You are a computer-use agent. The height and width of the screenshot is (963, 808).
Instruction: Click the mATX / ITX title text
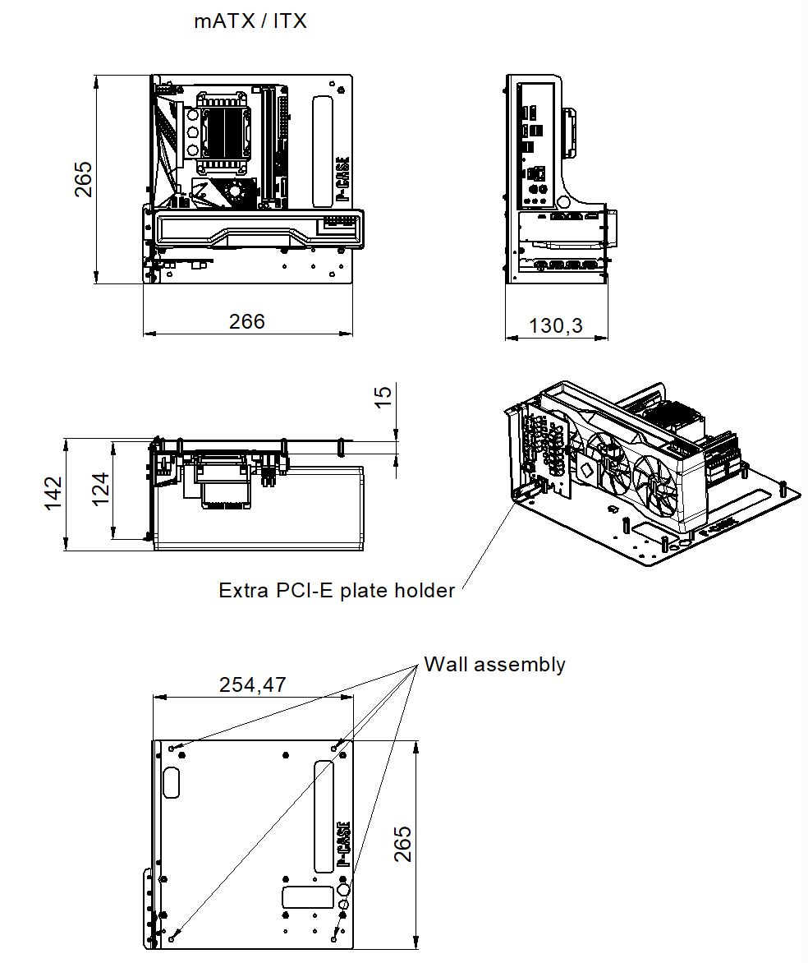point(250,21)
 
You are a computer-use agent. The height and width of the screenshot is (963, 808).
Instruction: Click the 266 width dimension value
point(247,321)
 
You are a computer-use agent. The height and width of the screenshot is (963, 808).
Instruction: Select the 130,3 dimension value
point(556,325)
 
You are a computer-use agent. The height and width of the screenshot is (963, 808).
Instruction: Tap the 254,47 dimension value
point(253,684)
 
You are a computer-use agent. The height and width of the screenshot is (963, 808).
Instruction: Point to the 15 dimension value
point(383,397)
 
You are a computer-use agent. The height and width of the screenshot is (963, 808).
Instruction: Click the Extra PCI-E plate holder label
point(337,590)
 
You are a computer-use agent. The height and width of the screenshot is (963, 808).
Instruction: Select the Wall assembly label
point(494,664)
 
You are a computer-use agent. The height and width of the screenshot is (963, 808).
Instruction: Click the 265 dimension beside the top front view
point(84,179)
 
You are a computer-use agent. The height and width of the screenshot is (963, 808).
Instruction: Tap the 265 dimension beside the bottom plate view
point(402,843)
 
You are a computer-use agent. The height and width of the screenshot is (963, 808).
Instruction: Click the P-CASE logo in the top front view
point(343,181)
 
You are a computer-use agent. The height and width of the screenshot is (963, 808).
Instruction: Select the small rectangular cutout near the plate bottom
point(302,896)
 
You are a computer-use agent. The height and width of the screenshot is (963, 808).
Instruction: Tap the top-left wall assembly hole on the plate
point(172,749)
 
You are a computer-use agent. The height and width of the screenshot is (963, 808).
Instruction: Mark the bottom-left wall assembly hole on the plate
point(172,938)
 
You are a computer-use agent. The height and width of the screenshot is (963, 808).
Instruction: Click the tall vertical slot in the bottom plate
point(324,816)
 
